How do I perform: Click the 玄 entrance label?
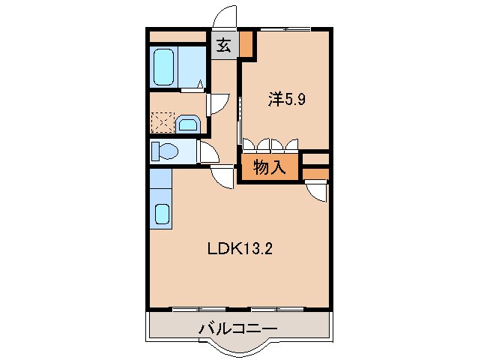[224, 46]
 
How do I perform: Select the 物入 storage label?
[270, 167]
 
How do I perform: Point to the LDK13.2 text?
[239, 250]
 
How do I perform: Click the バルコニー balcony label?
[238, 328]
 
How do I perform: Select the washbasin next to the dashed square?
[188, 123]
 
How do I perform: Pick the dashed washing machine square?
[162, 122]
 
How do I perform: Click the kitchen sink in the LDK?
[162, 214]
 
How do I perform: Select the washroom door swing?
[216, 103]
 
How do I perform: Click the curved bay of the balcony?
[238, 346]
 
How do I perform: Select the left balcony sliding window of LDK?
[198, 308]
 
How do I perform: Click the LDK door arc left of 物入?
[223, 178]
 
